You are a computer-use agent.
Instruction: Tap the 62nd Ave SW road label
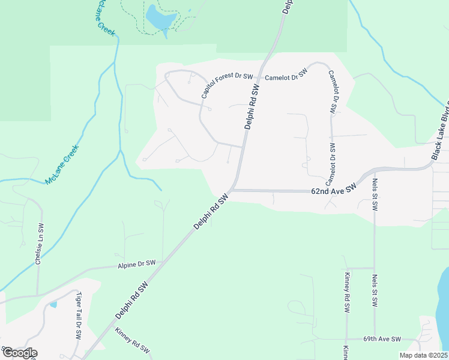[x=334, y=188]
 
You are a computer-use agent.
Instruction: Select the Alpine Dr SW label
[x=136, y=264]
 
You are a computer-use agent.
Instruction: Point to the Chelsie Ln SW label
[x=40, y=245]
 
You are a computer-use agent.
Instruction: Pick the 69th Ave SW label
[x=382, y=339]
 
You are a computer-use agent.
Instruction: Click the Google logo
[x=19, y=353]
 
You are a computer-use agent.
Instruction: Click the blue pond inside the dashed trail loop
[x=159, y=19]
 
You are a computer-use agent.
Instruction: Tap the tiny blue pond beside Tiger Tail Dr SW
[x=53, y=304]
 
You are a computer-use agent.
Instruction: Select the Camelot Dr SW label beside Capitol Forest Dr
[x=286, y=75]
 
